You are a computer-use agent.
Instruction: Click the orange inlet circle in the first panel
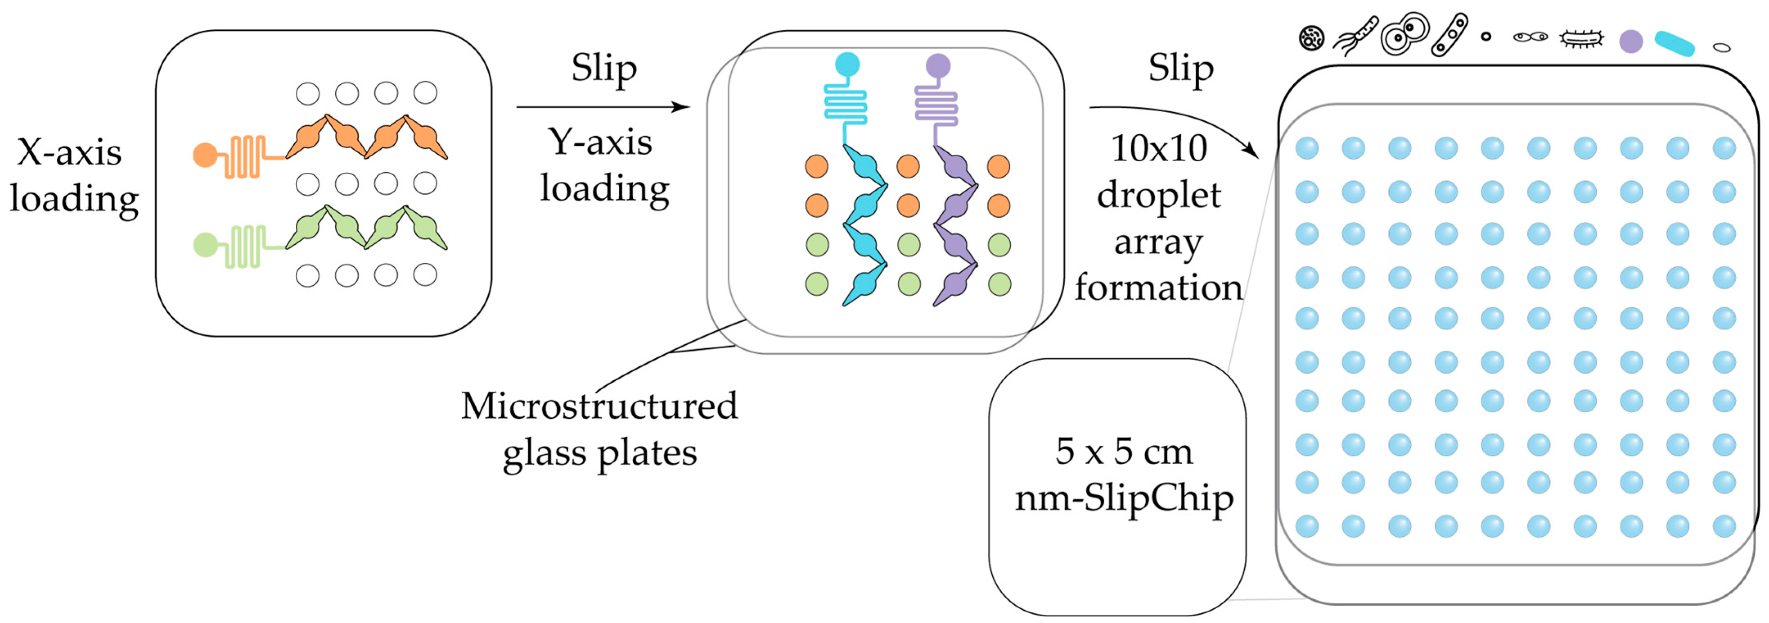205,155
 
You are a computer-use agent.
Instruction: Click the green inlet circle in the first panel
205,244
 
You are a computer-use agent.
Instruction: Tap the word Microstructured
599,406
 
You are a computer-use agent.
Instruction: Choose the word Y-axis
600,142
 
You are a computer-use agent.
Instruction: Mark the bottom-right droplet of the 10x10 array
1724,526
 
